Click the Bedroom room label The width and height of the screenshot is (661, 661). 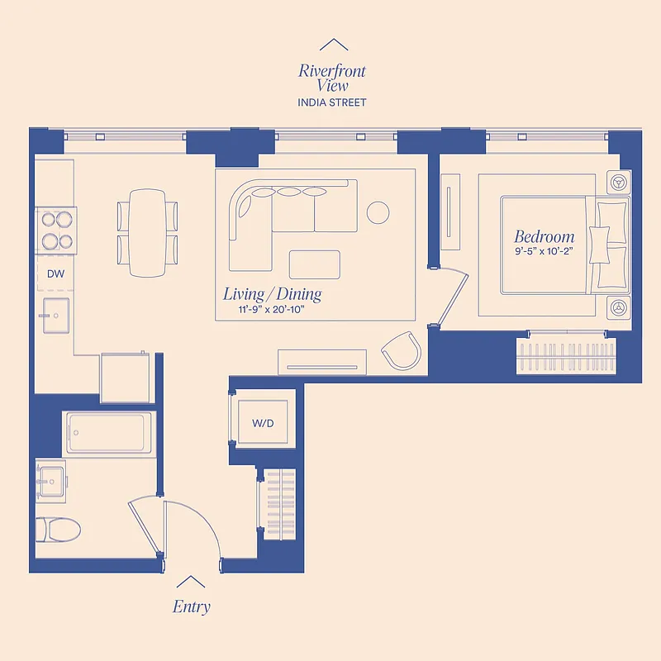click(x=544, y=237)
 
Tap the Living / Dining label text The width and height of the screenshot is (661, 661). click(x=272, y=294)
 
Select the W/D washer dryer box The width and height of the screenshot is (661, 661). click(x=263, y=424)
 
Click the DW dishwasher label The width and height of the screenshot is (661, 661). click(x=55, y=273)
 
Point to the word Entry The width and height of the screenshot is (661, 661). click(x=191, y=606)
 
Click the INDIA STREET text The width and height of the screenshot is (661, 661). click(x=332, y=102)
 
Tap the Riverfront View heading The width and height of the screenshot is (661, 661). click(x=332, y=78)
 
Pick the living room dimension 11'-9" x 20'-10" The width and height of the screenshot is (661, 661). click(x=272, y=311)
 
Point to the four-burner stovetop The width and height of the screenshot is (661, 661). click(x=56, y=231)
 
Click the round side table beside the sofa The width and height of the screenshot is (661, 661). click(x=378, y=212)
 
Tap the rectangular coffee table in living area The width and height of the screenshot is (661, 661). click(x=314, y=264)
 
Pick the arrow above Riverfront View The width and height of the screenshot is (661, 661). click(x=333, y=45)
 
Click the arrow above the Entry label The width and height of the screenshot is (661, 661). click(x=191, y=582)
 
